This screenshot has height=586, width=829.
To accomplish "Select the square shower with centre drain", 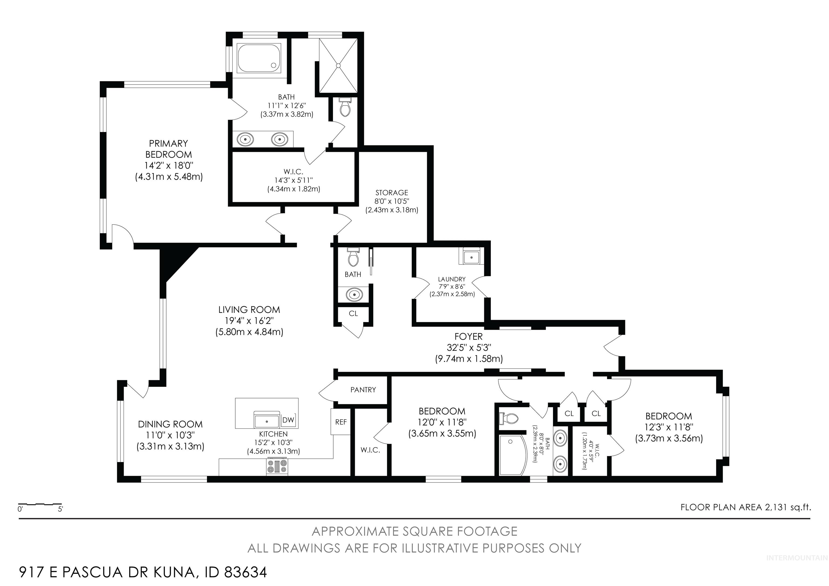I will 338,66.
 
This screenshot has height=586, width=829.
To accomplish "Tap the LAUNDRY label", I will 452,279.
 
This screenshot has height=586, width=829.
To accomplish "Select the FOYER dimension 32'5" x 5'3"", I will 469,348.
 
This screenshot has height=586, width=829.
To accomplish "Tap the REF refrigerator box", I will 341,422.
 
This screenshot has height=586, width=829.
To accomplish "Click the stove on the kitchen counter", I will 277,466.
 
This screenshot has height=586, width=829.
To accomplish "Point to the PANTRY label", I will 363,389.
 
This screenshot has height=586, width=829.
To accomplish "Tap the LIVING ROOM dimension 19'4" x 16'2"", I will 249,321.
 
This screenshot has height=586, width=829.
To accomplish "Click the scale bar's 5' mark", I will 60,509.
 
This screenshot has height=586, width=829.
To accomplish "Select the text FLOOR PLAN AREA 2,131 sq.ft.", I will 746,507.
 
